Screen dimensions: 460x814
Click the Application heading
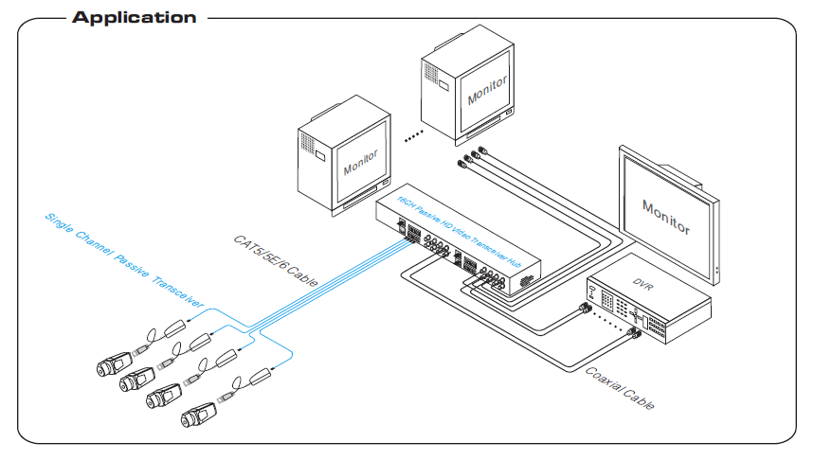click(x=134, y=17)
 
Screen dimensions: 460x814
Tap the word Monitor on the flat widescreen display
click(x=666, y=216)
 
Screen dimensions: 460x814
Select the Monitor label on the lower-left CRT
click(x=361, y=162)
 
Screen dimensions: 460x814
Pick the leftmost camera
click(x=114, y=364)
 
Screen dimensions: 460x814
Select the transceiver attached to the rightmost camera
click(x=262, y=379)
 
